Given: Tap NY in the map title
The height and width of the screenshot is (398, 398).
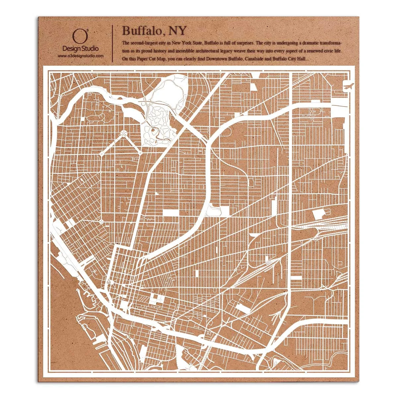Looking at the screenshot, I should click(178, 31).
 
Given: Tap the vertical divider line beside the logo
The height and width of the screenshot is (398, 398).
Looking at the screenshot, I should click(113, 43).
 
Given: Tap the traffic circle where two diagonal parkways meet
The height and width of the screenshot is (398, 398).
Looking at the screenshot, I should click(123, 133).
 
